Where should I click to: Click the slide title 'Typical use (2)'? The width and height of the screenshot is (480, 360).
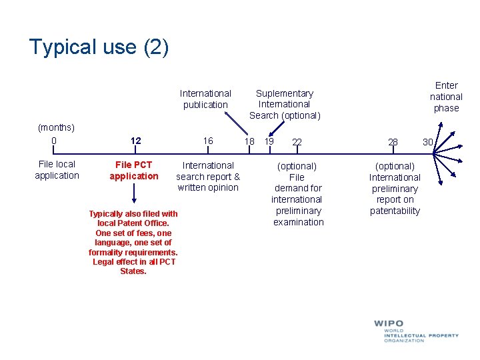coord(99,47)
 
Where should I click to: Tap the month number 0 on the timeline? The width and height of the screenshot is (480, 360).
coord(54,141)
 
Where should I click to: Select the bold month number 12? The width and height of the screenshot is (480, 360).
coord(136,141)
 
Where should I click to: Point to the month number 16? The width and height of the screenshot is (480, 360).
coord(208,141)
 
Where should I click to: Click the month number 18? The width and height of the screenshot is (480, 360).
coord(249,141)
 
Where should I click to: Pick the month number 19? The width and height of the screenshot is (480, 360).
coord(269,141)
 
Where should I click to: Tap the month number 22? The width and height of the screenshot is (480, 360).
coord(297,142)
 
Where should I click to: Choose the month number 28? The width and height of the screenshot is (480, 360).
coord(393,142)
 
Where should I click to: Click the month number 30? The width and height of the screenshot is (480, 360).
coord(427,141)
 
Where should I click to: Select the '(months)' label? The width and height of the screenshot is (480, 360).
coord(57,127)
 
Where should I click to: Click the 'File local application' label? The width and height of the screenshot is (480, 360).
coord(57,170)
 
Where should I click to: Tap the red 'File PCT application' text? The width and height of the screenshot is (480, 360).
coord(134,171)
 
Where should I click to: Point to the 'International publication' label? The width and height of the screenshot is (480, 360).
coord(205,99)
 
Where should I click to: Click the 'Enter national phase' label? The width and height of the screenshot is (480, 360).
coord(446,97)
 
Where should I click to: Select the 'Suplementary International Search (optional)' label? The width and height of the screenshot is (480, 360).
coord(285,104)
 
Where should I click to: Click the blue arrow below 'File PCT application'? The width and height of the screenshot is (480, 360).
coord(135,194)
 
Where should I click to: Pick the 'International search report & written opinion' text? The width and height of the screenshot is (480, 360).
coord(208,176)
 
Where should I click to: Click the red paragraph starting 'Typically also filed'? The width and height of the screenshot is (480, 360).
coord(133,243)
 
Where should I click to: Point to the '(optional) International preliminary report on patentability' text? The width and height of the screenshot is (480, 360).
coord(395,188)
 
